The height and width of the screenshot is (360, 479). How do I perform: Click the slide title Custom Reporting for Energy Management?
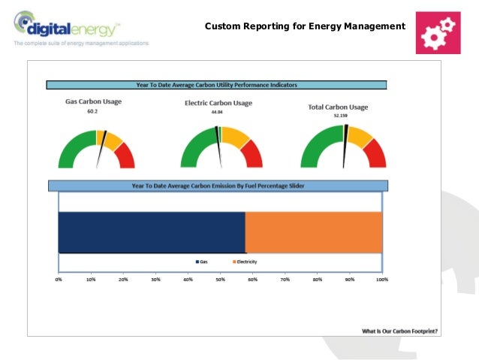tap(304, 28)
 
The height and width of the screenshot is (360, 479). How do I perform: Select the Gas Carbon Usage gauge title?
tap(93, 101)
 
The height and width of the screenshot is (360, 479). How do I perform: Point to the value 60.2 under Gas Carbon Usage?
tap(92, 111)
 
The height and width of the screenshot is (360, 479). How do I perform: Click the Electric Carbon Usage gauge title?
tap(218, 103)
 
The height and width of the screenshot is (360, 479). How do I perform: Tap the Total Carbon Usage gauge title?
tap(338, 107)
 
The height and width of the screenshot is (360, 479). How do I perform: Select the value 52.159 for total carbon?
tap(342, 116)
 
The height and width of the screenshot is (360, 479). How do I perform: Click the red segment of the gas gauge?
tap(125, 157)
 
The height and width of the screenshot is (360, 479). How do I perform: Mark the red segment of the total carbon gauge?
tap(375, 156)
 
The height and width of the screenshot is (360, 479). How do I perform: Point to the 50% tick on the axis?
tap(221, 280)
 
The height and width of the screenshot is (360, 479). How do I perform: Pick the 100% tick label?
tap(381, 280)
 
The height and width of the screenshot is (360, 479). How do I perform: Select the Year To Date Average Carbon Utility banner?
tap(216, 85)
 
